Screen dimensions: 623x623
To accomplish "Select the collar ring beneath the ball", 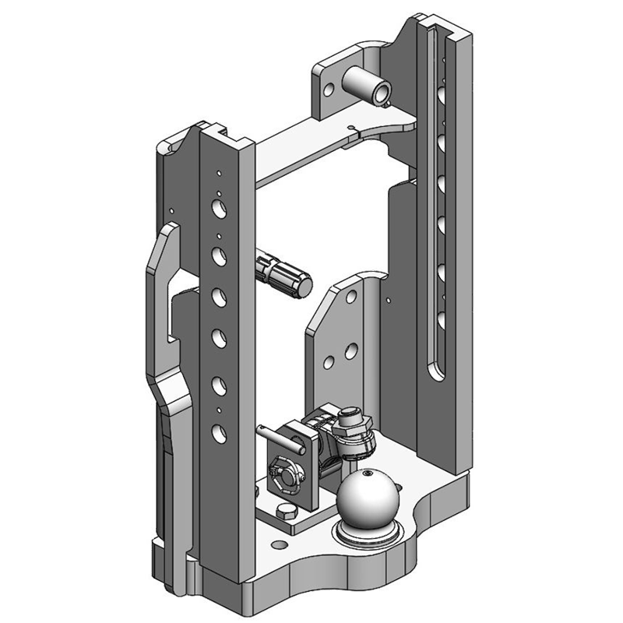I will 367,536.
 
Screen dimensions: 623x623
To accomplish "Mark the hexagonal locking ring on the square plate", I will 283,474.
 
